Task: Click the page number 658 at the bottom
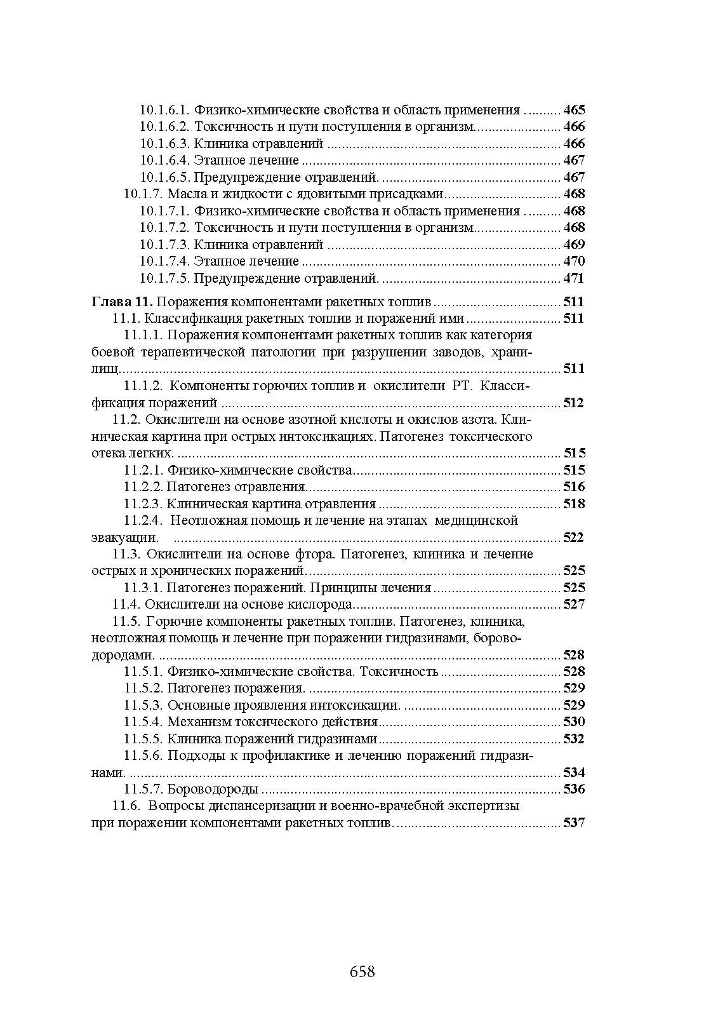point(362,971)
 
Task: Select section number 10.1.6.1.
point(164,110)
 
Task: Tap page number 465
point(574,110)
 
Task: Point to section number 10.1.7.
point(143,194)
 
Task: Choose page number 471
point(574,278)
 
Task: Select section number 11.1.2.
point(143,386)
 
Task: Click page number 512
point(573,403)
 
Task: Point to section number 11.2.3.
point(143,504)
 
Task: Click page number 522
point(573,537)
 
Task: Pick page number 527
point(573,604)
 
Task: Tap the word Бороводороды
point(213,790)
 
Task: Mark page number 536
point(573,790)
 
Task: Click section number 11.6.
point(126,806)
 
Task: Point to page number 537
point(573,823)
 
